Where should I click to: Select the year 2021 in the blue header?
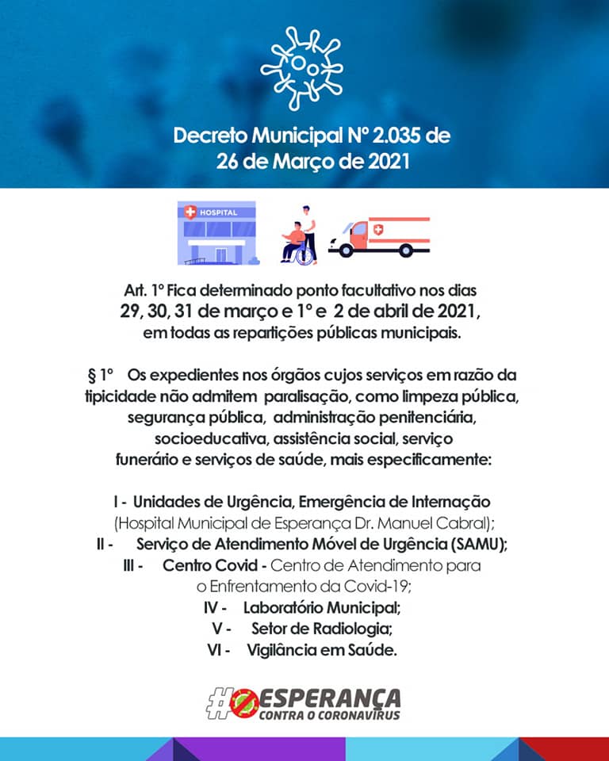tap(389, 162)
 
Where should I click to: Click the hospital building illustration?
tap(216, 232)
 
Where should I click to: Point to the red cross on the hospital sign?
tap(190, 212)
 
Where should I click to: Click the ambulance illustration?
tap(379, 236)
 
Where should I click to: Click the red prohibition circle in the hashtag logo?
tap(243, 703)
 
